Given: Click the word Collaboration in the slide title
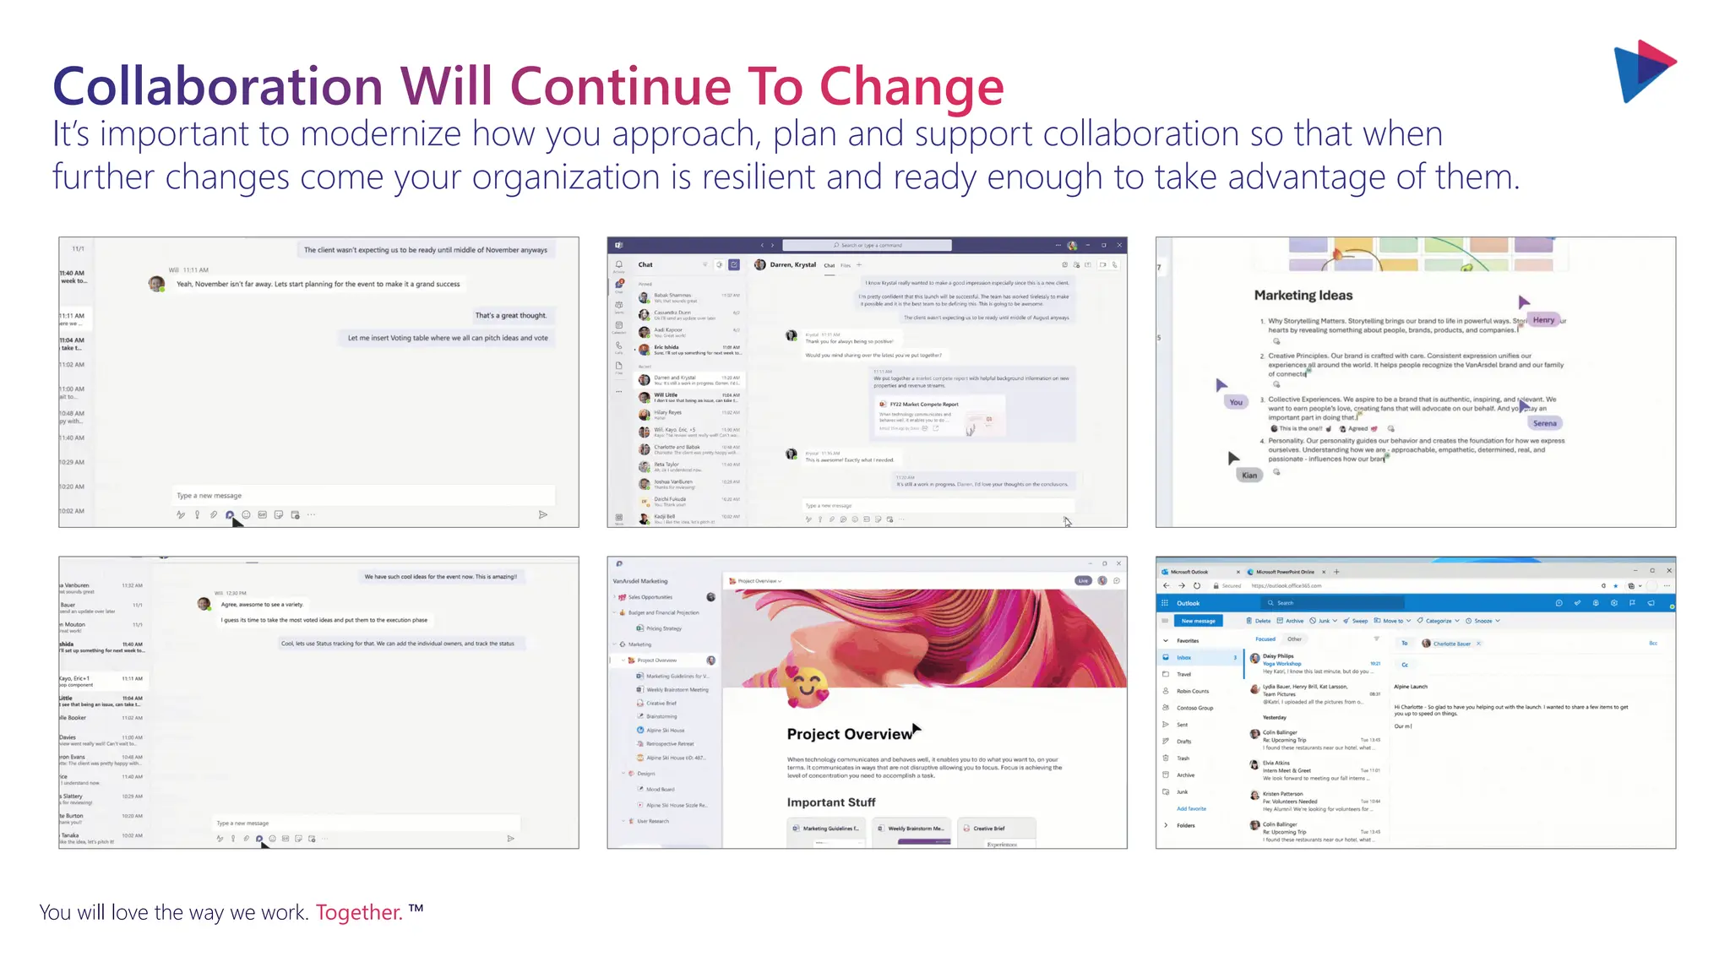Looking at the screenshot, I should [218, 86].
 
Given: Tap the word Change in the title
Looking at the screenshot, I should [911, 86].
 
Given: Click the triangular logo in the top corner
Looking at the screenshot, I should [1644, 71].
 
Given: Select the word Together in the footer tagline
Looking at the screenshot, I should [359, 912].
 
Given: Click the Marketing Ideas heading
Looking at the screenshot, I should [1303, 296].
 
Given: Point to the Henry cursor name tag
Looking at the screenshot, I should [1543, 320].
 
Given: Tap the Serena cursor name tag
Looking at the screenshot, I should [1544, 423].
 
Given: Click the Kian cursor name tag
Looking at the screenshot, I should [1249, 475].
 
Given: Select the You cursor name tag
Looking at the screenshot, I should [1236, 402].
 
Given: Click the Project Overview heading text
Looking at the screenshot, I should [849, 734].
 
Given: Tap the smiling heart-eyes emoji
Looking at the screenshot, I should [807, 685].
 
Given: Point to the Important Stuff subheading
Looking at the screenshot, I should [830, 802].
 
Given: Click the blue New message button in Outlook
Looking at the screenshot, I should [1198, 621].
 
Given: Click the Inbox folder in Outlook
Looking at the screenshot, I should [1184, 657].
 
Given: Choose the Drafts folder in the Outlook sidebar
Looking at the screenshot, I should [1184, 742].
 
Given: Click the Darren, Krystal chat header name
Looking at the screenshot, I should [792, 265].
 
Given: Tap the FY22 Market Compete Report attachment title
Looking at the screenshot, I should [924, 405].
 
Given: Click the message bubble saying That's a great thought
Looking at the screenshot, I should [510, 316].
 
